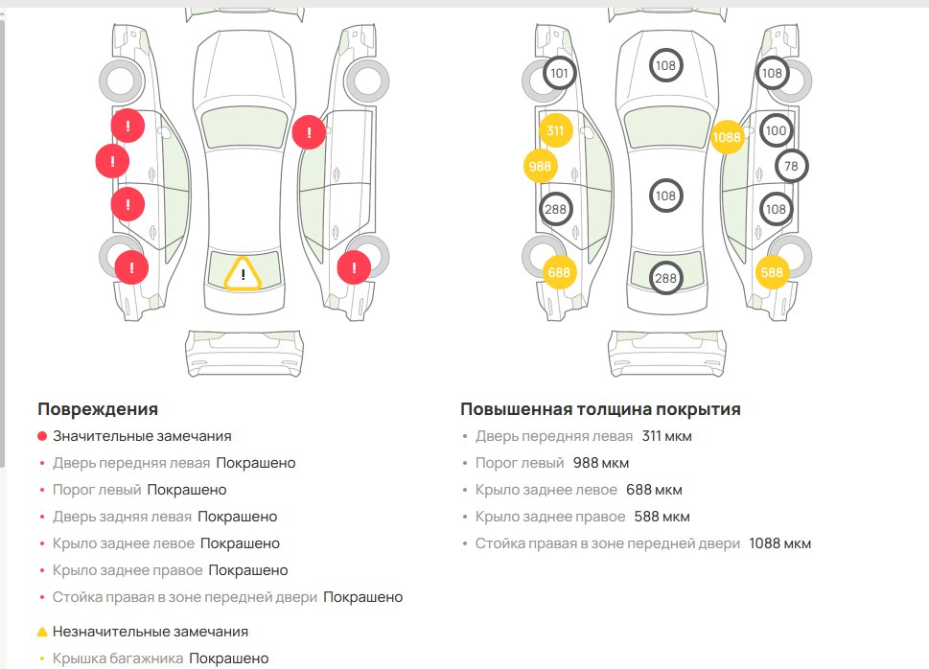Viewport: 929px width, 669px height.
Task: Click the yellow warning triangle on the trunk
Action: click(x=244, y=274)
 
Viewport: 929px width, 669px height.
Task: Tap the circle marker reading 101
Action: click(x=560, y=73)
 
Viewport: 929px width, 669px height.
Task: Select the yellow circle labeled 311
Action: click(x=555, y=130)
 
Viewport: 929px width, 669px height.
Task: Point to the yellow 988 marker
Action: click(x=541, y=166)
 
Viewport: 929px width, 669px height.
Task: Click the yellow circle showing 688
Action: click(x=560, y=272)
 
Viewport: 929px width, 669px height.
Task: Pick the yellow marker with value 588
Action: click(x=772, y=272)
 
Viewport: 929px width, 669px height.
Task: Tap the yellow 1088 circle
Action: click(x=728, y=137)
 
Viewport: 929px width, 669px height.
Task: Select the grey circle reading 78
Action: click(x=791, y=166)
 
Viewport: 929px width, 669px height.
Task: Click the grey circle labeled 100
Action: click(x=776, y=130)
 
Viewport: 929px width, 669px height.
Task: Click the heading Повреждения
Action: click(x=98, y=409)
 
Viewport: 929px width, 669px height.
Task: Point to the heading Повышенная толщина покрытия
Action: click(x=600, y=409)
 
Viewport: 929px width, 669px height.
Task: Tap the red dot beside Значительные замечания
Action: click(x=42, y=436)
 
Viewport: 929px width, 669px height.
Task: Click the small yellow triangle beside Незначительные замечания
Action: click(x=42, y=633)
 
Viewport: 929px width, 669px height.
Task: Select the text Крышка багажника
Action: click(x=118, y=658)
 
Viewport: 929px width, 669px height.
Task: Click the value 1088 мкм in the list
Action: click(x=779, y=543)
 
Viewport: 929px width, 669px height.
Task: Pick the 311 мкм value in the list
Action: click(x=666, y=436)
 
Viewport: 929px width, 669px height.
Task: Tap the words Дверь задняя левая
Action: click(x=122, y=517)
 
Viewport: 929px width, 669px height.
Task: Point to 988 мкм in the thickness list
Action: click(x=600, y=463)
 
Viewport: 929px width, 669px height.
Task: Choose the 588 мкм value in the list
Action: click(x=661, y=517)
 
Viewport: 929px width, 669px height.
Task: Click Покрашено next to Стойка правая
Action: click(x=362, y=597)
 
